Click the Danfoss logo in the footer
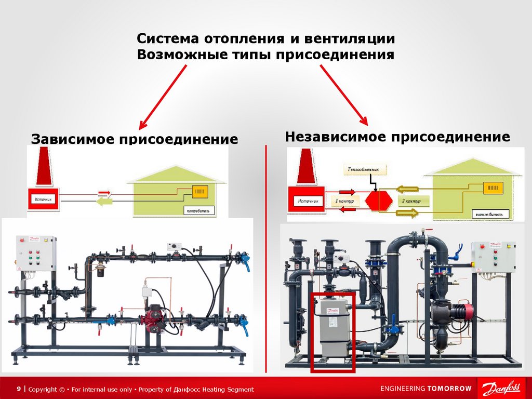[x=501, y=389]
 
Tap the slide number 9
[x=19, y=389]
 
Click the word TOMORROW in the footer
[x=449, y=389]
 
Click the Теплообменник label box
[x=366, y=169]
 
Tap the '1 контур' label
[x=344, y=201]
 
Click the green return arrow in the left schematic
[x=106, y=202]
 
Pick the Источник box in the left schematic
[x=44, y=199]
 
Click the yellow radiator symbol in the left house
[x=200, y=191]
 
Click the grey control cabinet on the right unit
[x=493, y=257]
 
